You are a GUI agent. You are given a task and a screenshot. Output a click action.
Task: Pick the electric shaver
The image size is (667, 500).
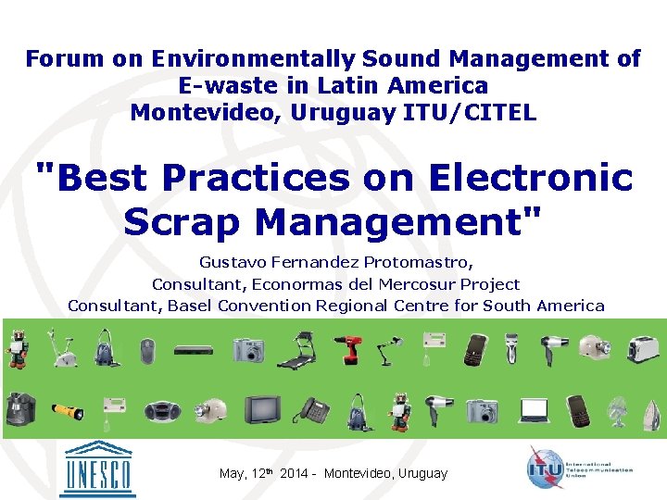(508, 350)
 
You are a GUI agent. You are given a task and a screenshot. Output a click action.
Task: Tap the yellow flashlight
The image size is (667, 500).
(68, 410)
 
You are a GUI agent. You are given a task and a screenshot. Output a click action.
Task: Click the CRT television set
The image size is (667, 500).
(262, 408)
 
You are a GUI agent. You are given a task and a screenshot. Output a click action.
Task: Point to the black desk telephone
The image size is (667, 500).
(315, 410)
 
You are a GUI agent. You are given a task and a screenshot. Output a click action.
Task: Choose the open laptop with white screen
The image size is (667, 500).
(535, 409)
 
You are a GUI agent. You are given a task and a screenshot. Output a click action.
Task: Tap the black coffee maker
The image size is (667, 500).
(19, 408)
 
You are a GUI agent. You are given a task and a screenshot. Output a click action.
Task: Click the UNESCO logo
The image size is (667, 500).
(96, 469)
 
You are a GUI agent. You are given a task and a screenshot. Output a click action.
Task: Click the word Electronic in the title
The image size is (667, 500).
(497, 177)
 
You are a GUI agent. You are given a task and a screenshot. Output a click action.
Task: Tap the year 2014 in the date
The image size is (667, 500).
(294, 473)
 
